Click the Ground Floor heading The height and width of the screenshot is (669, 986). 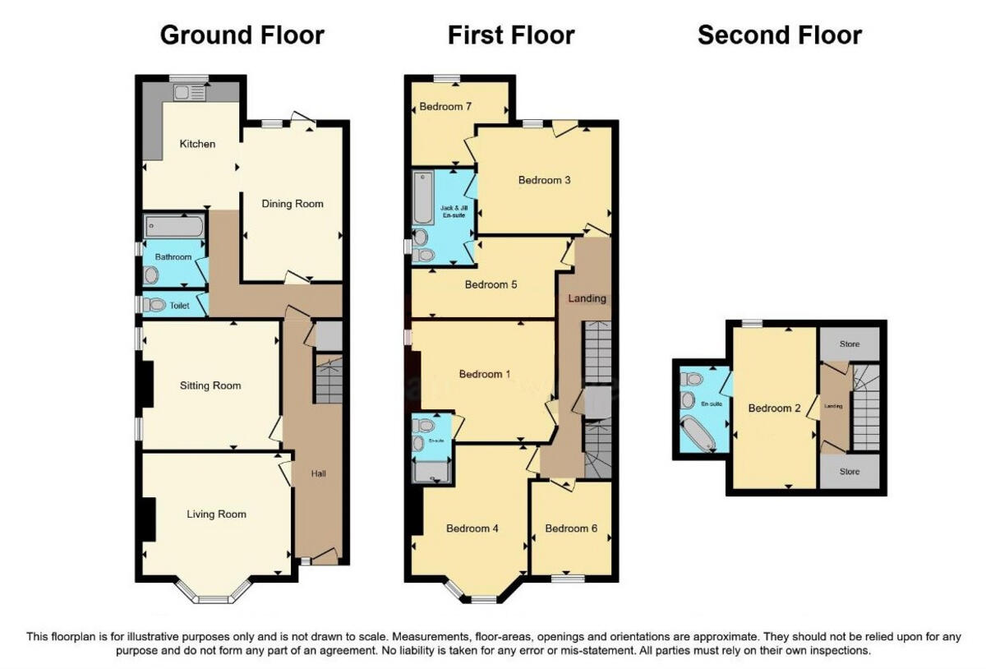click(242, 35)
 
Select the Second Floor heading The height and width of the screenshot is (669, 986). click(779, 35)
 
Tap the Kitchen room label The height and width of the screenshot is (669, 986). click(197, 144)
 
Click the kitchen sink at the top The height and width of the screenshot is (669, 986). click(190, 91)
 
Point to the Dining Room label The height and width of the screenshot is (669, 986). click(292, 204)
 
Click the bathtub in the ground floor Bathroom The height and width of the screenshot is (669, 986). click(173, 227)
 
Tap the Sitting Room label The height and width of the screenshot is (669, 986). click(211, 385)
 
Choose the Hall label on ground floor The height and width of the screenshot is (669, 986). click(319, 473)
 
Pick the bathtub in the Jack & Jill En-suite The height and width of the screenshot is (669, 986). click(423, 198)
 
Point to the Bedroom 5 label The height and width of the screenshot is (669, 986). click(491, 285)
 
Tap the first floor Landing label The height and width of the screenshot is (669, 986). click(587, 298)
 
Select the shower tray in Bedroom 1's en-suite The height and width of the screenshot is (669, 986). click(431, 470)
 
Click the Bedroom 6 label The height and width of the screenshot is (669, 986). click(571, 528)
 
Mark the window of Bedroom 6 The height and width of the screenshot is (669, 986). click(567, 579)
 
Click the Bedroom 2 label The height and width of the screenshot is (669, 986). click(774, 408)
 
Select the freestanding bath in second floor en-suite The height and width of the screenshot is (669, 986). click(698, 434)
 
